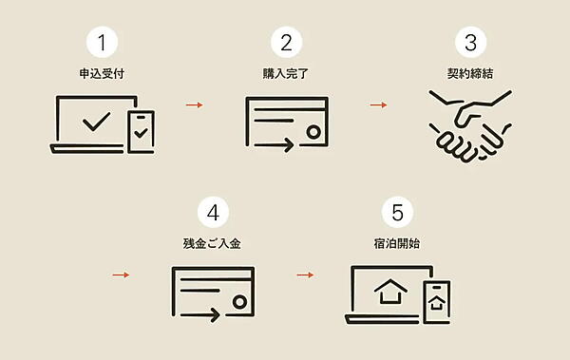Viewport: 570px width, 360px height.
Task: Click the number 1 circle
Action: (x=103, y=42)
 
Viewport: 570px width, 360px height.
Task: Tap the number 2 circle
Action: (x=287, y=42)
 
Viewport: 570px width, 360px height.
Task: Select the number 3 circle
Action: (x=471, y=42)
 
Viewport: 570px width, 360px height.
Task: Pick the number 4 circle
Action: (x=213, y=212)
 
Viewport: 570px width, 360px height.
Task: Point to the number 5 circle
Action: (x=397, y=212)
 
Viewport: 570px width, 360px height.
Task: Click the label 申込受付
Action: (x=103, y=74)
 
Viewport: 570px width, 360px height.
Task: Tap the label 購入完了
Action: (x=286, y=74)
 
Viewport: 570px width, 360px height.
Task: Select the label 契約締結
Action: (x=470, y=74)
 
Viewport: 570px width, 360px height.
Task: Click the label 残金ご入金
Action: (x=212, y=243)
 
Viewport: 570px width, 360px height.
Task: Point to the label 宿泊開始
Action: (x=397, y=243)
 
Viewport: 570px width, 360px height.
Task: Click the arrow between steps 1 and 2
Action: (x=195, y=105)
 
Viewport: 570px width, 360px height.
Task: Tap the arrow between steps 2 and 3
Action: (x=379, y=105)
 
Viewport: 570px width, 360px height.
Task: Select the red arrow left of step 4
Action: (x=121, y=275)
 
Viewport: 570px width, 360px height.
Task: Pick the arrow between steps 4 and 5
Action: (x=305, y=275)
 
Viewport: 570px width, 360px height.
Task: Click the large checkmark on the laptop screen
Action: (x=96, y=122)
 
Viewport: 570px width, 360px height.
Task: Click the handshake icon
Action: (x=470, y=125)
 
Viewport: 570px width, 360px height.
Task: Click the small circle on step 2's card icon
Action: (x=313, y=132)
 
